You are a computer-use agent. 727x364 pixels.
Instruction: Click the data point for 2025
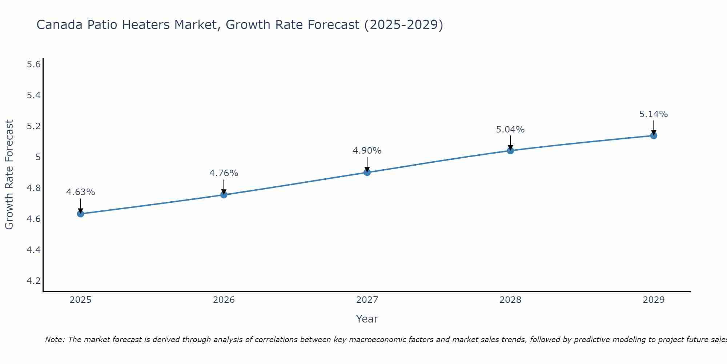click(x=81, y=214)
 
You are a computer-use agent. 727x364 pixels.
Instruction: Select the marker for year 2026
click(x=224, y=195)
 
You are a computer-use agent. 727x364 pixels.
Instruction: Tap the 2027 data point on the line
click(x=367, y=172)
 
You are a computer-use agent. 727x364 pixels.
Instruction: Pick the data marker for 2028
click(x=510, y=150)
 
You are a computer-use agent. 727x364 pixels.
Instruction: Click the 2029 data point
click(x=654, y=136)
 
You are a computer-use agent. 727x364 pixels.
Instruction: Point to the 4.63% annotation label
click(x=81, y=192)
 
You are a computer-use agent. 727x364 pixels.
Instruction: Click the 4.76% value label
click(x=224, y=173)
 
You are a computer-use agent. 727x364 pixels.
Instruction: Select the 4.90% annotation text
click(x=367, y=151)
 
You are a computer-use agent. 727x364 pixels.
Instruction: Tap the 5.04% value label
click(x=510, y=130)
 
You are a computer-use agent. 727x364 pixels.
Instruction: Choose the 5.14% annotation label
click(x=654, y=114)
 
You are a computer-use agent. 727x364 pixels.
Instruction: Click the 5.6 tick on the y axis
click(x=33, y=64)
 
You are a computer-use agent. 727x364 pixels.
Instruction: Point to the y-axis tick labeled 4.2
click(x=33, y=281)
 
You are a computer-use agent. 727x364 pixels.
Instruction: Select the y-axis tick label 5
click(x=38, y=157)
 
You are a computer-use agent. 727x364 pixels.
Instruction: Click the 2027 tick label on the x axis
click(x=367, y=300)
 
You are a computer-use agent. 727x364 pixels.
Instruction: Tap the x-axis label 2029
click(x=654, y=300)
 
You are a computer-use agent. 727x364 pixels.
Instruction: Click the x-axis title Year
click(x=367, y=319)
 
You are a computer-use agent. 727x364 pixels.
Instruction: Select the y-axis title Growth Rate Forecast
click(x=9, y=175)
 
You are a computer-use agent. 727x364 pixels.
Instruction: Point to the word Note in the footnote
click(x=55, y=340)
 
